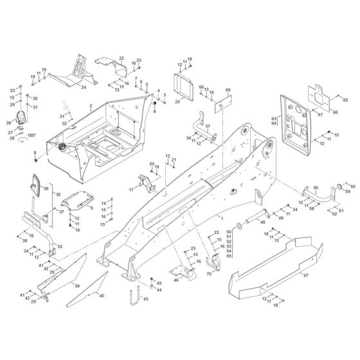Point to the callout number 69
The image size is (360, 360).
point(227,90)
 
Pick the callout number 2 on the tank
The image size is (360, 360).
point(91,104)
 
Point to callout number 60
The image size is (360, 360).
point(352,186)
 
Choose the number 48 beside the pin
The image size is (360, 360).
point(262,222)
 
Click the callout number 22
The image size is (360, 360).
point(121,59)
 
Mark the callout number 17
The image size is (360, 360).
point(130,190)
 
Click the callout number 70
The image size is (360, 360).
point(209,274)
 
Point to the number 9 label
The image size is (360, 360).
point(91,208)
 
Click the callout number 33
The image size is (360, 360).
point(60,247)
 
